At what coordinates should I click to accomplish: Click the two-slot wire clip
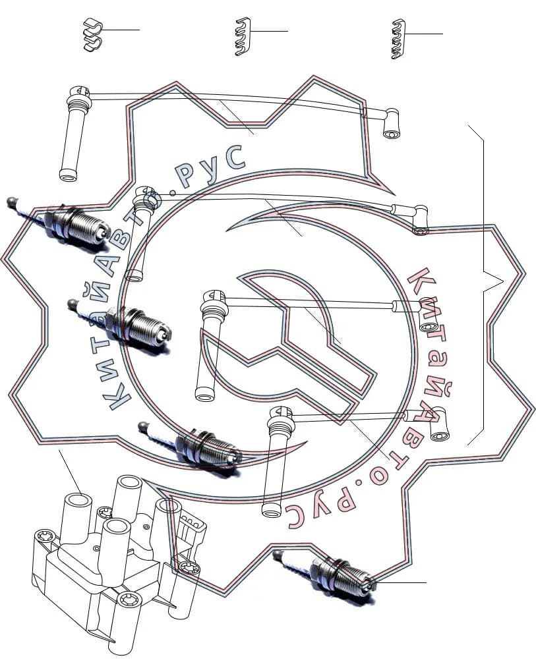92,34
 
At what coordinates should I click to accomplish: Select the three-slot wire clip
243,36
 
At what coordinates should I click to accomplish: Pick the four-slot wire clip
398,39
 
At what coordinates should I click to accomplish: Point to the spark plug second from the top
120,324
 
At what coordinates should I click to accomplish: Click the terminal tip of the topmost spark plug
12,201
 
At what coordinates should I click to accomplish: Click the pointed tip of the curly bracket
503,281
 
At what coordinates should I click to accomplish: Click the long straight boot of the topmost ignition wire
74,133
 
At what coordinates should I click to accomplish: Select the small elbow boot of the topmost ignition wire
391,123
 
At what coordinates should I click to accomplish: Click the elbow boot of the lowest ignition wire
438,424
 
